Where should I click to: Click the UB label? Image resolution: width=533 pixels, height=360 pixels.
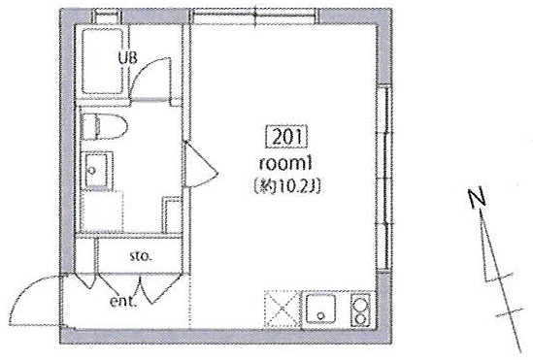tap(128, 58)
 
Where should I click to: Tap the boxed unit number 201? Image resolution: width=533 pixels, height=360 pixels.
tap(286, 137)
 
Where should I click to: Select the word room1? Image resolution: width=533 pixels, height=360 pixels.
tap(285, 164)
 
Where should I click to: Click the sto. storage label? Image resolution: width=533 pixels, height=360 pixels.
tap(140, 256)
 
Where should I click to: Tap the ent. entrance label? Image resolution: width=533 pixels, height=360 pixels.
tap(123, 301)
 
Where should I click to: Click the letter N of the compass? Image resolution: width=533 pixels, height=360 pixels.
tap(477, 197)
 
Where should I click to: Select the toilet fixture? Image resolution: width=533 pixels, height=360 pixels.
tap(105, 127)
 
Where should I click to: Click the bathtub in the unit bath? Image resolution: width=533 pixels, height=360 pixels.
tap(102, 61)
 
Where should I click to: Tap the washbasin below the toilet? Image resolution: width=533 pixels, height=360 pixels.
tap(97, 170)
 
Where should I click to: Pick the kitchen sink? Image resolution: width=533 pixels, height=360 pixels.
tap(320, 309)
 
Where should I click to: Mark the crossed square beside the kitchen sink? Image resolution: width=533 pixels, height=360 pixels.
tap(283, 309)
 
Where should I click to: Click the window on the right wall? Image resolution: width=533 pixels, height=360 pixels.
tap(384, 179)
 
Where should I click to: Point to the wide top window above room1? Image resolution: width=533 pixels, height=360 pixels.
tap(255, 16)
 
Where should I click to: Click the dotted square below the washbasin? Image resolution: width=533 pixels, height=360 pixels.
tap(101, 212)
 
